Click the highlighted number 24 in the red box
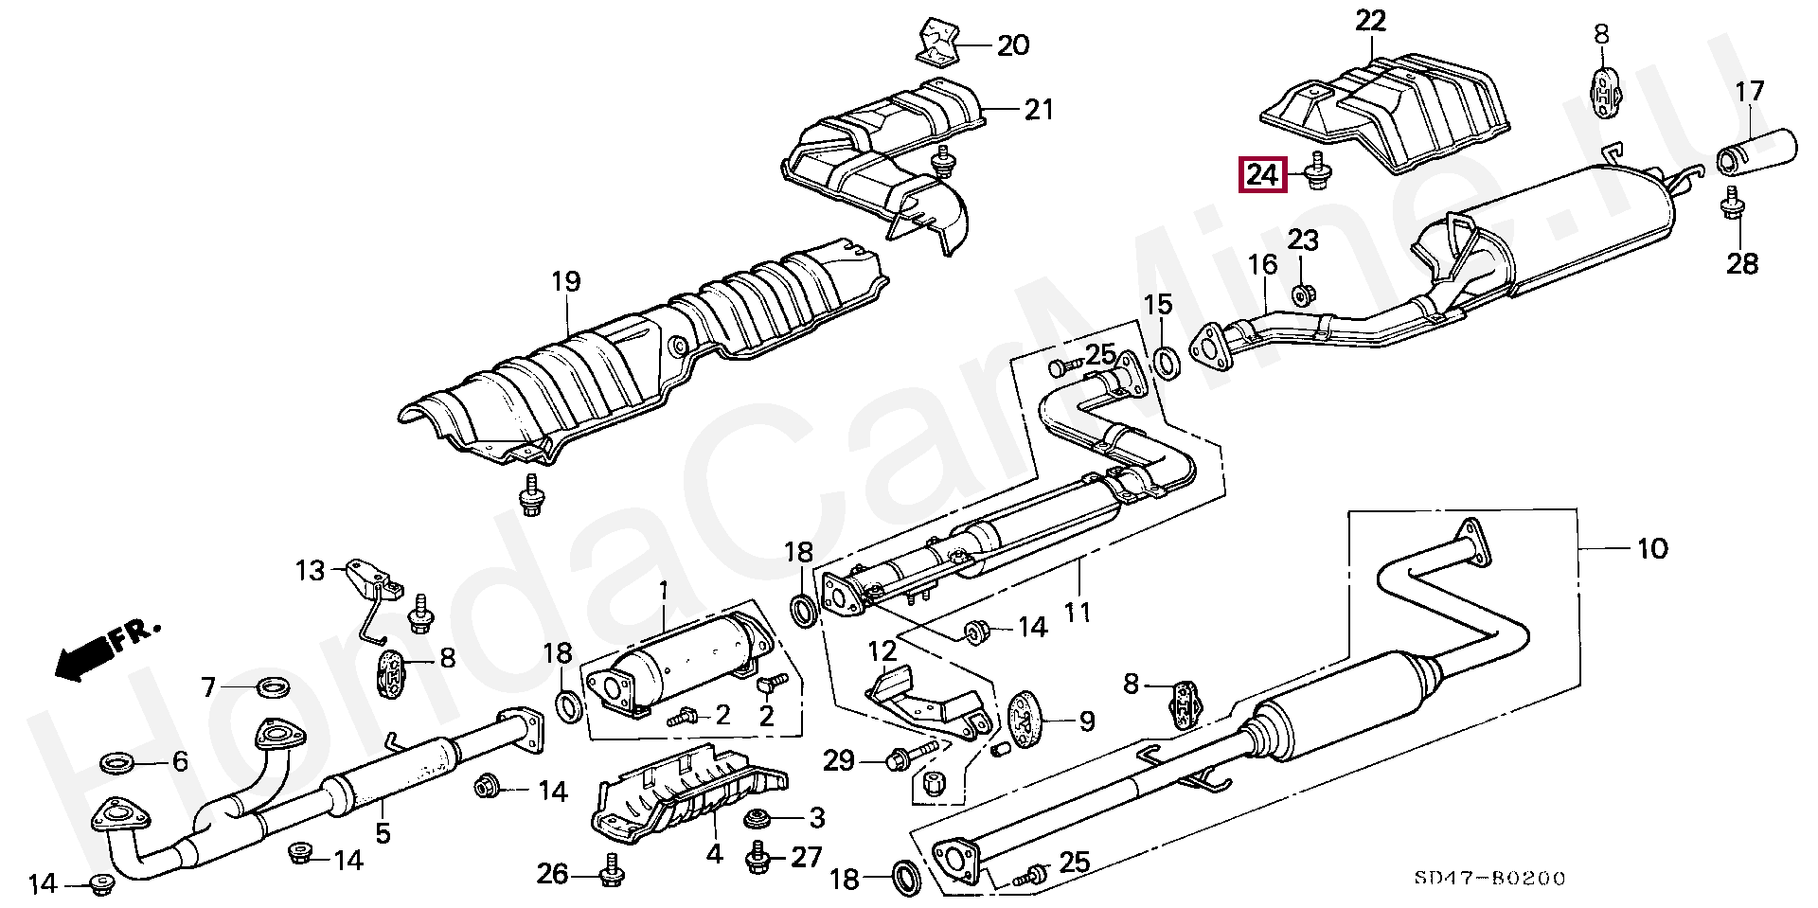(1263, 175)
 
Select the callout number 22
(1369, 21)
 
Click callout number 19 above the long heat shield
(566, 282)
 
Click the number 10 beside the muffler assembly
(1652, 548)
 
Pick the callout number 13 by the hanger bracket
(310, 570)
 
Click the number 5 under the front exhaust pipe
(383, 834)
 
